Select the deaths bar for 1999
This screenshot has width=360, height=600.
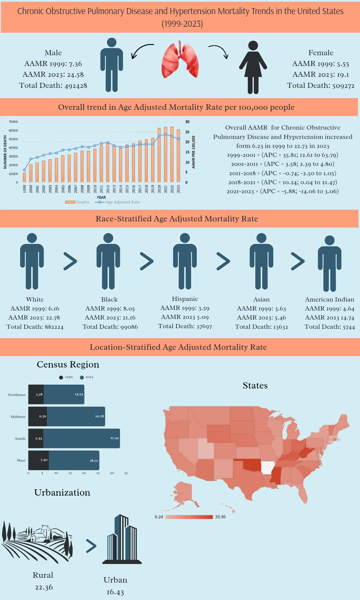click(x=24, y=177)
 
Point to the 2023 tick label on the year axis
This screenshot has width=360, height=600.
click(x=178, y=189)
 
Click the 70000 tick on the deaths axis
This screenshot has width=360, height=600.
click(x=13, y=122)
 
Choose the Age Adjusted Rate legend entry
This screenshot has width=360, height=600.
click(x=117, y=202)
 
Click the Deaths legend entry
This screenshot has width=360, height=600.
click(x=77, y=202)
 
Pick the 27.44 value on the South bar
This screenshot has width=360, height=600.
click(x=114, y=438)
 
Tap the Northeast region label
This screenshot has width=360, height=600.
click(x=16, y=395)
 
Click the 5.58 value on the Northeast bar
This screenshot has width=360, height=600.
click(x=39, y=394)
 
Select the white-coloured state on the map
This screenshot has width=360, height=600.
click(x=268, y=467)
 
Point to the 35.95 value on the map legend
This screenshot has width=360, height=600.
click(x=220, y=517)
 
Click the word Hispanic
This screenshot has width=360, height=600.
click(x=185, y=299)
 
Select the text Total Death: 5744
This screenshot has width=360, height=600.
click(x=330, y=327)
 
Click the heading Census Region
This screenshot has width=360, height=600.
click(x=68, y=364)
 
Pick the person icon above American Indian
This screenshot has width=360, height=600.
click(x=329, y=263)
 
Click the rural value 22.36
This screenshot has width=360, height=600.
click(x=44, y=587)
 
